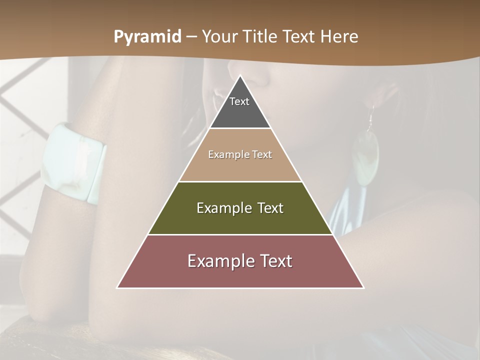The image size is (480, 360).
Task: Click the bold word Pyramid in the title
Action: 147,37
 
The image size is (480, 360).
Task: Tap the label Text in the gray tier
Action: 239,101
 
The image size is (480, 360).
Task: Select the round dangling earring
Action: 365,155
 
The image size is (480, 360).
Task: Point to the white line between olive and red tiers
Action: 240,234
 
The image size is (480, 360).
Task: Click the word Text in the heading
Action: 299,37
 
